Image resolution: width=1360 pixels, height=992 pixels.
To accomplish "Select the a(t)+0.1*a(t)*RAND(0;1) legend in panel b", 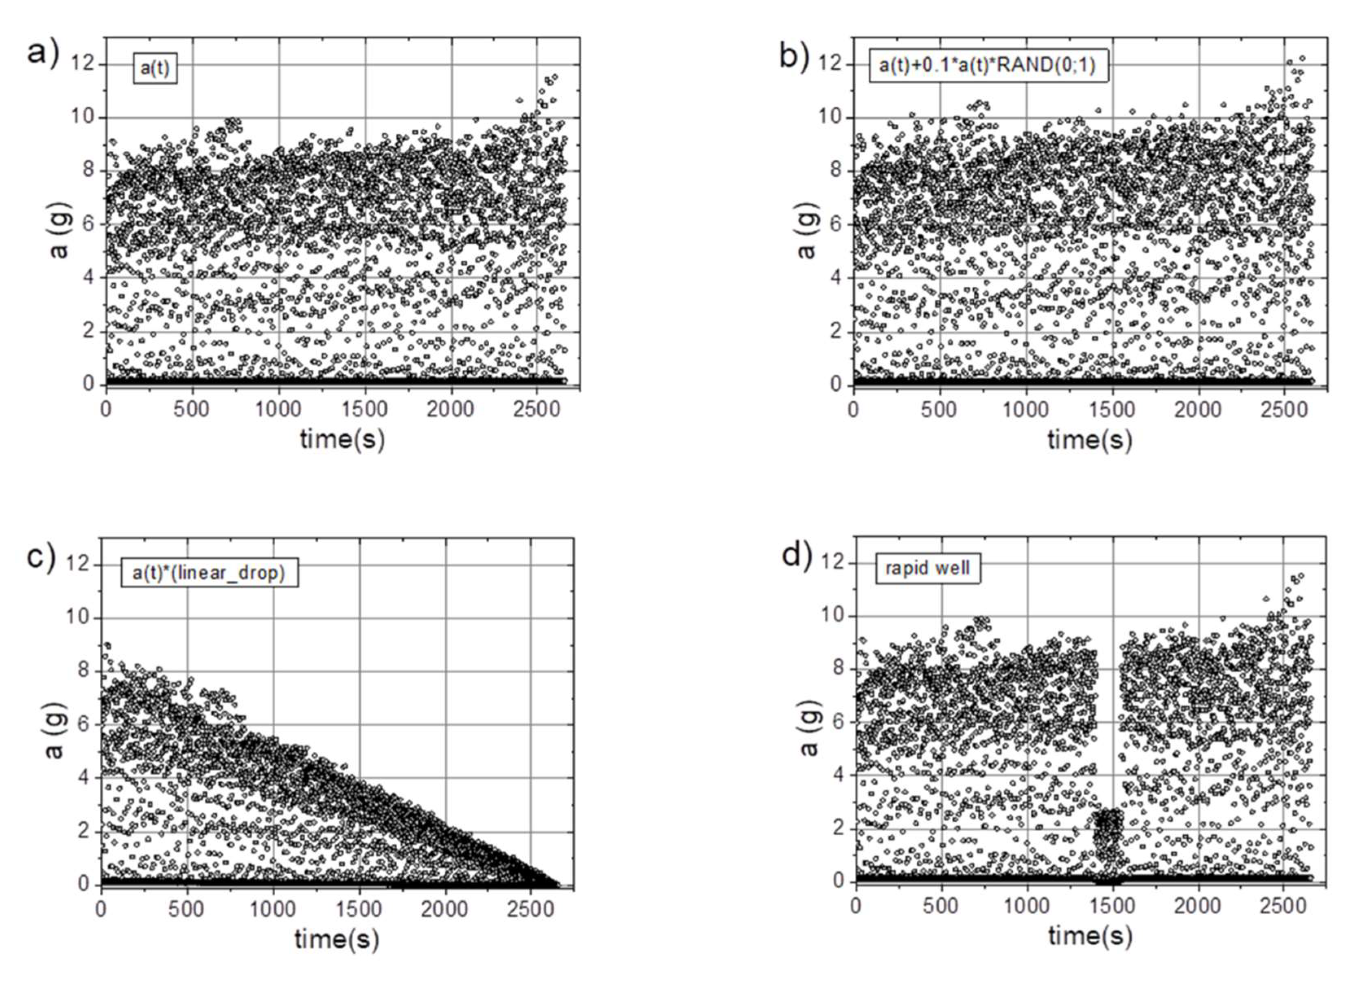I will [x=987, y=65].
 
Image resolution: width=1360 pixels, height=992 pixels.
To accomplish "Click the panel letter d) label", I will [x=797, y=555].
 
